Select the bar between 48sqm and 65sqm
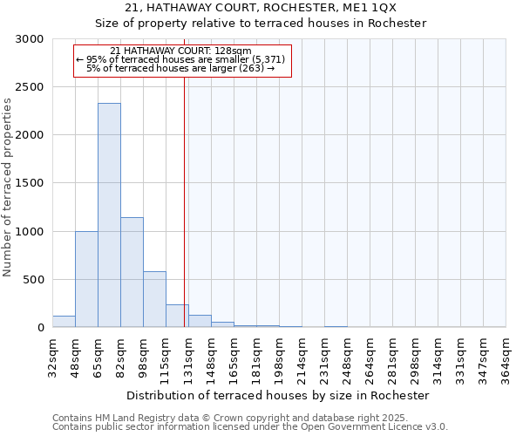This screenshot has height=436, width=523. point(86,279)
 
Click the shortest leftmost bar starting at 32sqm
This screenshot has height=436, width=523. point(64,322)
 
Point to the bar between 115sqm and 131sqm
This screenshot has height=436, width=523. point(177,316)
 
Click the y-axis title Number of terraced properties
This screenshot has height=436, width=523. point(8,187)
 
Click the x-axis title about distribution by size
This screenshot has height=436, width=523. point(278,395)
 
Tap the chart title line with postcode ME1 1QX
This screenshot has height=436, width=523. point(261,8)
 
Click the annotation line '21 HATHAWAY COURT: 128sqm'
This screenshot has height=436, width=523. point(181,51)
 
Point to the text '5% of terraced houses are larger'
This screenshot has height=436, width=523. point(180,68)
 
